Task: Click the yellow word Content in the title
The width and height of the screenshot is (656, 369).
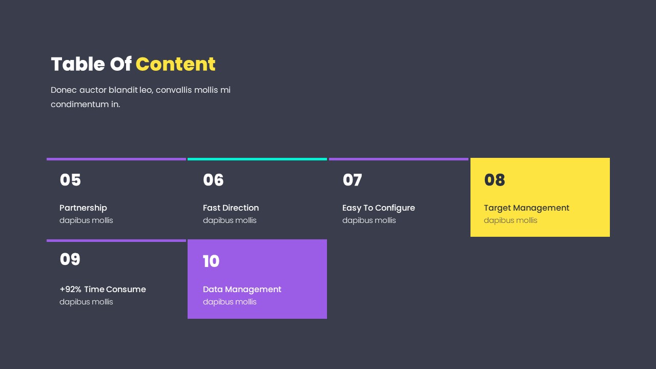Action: pyautogui.click(x=175, y=65)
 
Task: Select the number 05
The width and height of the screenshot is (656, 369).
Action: pyautogui.click(x=70, y=180)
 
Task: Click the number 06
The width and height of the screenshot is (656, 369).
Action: pyautogui.click(x=213, y=180)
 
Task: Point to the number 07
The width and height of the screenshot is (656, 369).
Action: pyautogui.click(x=352, y=180)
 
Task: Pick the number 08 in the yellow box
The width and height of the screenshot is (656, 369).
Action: pyautogui.click(x=495, y=180)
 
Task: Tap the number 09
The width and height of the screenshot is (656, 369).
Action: pyautogui.click(x=70, y=259)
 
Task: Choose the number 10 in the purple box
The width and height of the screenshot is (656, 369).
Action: pyautogui.click(x=211, y=261)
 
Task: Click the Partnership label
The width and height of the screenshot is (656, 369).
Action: pyautogui.click(x=83, y=208)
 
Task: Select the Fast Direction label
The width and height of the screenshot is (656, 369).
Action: pyautogui.click(x=231, y=208)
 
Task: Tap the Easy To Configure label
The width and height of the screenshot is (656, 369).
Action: pyautogui.click(x=379, y=208)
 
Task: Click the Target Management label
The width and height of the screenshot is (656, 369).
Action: pyautogui.click(x=526, y=208)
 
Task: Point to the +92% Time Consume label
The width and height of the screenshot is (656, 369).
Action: pyautogui.click(x=102, y=289)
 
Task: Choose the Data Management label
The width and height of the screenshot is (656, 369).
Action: pyautogui.click(x=242, y=289)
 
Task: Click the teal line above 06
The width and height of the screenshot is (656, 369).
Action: pyautogui.click(x=257, y=159)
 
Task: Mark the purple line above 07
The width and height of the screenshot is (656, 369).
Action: pyautogui.click(x=399, y=159)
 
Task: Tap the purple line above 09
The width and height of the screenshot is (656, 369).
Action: pyautogui.click(x=116, y=240)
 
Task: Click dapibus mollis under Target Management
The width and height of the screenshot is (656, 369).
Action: pyautogui.click(x=510, y=220)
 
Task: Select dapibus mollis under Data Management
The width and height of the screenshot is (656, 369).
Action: pyautogui.click(x=230, y=302)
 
